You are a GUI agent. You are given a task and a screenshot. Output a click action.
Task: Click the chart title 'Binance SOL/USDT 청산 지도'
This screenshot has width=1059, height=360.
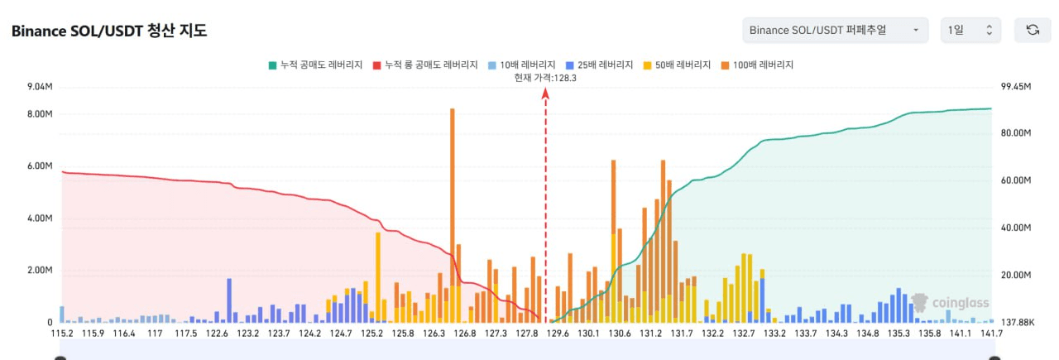point(108,31)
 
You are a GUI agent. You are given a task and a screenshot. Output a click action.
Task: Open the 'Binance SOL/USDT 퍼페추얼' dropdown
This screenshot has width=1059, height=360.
point(834,30)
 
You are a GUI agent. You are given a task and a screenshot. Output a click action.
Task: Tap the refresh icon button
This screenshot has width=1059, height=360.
point(1033,30)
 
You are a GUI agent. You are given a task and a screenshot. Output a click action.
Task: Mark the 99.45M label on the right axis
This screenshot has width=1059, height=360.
point(1016,87)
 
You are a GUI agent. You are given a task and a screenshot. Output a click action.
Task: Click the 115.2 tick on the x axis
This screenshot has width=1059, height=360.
point(62,334)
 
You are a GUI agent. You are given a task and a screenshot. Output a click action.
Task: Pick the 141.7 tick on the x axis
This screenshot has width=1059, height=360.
point(991,334)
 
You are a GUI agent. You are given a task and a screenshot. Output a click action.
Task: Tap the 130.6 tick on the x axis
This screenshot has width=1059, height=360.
point(620,334)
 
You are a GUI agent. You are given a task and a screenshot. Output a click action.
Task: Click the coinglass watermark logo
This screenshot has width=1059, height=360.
point(951,304)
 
